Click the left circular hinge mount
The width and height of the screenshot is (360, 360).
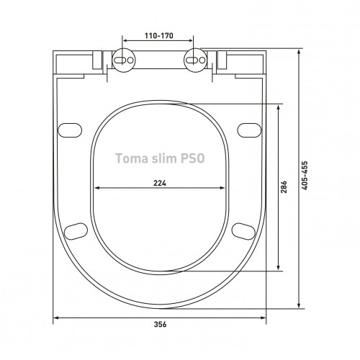[123, 60]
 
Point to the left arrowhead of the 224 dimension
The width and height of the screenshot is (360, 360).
[96, 189]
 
